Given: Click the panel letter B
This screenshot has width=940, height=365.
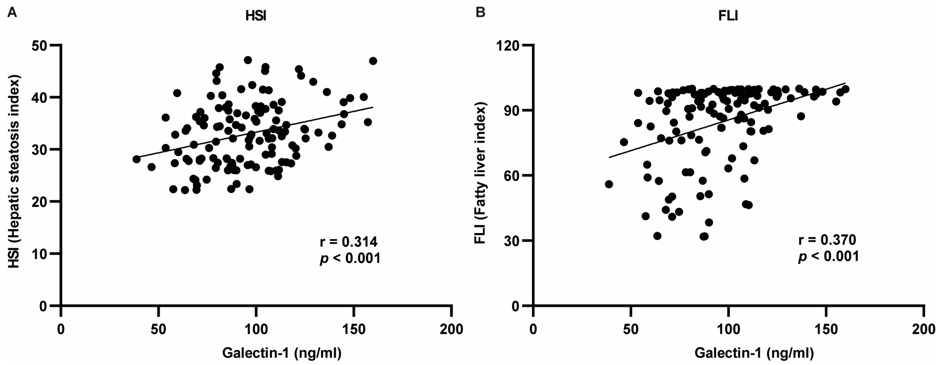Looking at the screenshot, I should (x=481, y=13).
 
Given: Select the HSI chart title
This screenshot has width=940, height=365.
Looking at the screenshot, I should (x=256, y=17).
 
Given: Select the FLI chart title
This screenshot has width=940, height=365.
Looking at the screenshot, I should (x=728, y=17).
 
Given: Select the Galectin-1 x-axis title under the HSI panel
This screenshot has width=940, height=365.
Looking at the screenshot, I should (x=282, y=353).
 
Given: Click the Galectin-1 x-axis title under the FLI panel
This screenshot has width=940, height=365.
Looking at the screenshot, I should (x=754, y=353).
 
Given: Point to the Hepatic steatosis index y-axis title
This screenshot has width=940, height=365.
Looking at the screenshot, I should (x=14, y=172).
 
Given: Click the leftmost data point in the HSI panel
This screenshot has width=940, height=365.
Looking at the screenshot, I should (x=136, y=159).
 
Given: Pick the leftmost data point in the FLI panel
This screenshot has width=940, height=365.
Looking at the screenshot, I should (x=609, y=184).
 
